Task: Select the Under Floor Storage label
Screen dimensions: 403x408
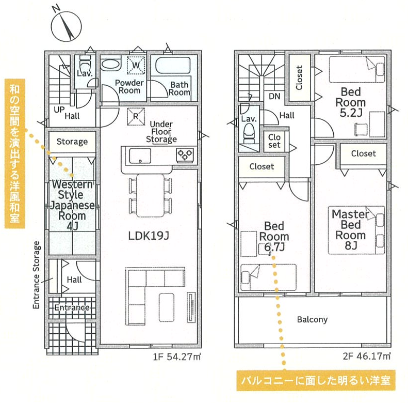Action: click(x=161, y=132)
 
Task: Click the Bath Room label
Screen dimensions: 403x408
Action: click(x=180, y=88)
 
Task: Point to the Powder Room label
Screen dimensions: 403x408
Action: click(x=127, y=86)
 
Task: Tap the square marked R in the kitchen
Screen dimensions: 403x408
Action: click(x=135, y=116)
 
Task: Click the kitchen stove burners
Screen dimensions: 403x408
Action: click(x=185, y=153)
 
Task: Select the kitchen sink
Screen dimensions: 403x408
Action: click(x=140, y=155)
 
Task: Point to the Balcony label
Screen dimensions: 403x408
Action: click(x=312, y=319)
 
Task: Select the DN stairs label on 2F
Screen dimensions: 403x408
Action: click(x=274, y=96)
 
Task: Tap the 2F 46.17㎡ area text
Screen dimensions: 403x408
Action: click(x=367, y=356)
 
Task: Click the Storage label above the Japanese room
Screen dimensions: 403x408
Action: click(x=72, y=142)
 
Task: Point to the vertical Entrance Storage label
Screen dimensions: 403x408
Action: click(x=37, y=275)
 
